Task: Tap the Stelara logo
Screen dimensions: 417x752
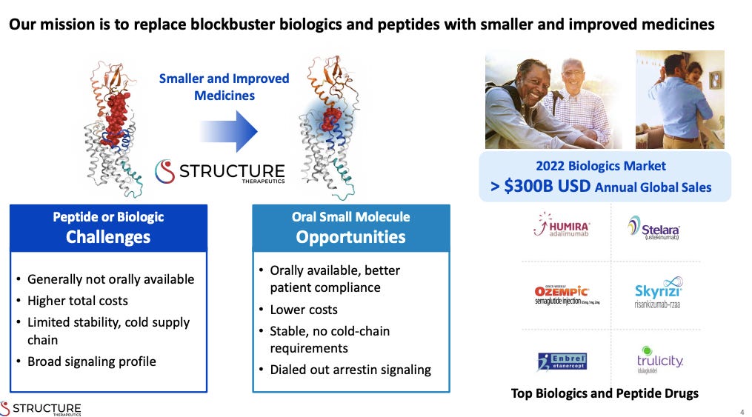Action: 653,227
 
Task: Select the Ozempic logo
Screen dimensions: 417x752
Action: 562,294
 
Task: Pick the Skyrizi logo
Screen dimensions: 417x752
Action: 658,295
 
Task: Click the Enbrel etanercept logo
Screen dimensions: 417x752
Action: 562,361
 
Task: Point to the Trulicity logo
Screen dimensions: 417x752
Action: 659,359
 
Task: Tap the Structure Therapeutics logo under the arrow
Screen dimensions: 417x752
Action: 219,173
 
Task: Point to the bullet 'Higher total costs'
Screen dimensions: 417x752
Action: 77,301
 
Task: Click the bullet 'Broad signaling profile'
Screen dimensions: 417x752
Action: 91,361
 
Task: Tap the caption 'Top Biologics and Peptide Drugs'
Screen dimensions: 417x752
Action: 605,393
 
